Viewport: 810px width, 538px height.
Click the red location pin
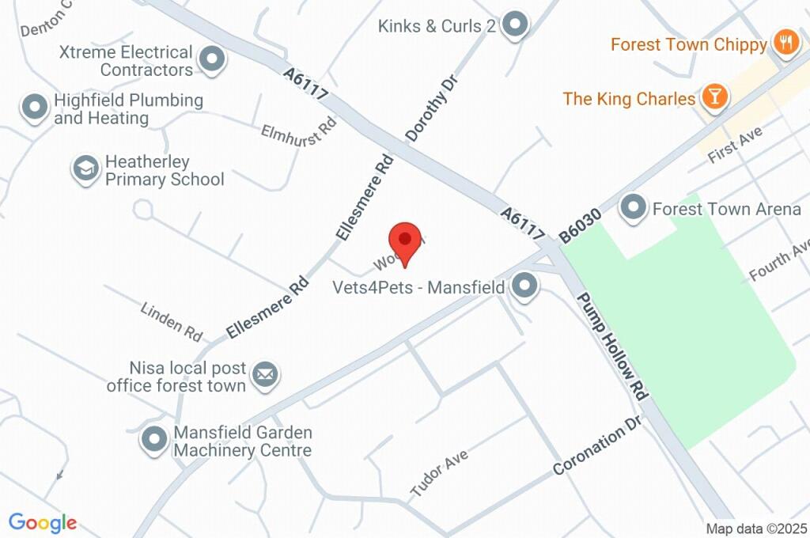404,241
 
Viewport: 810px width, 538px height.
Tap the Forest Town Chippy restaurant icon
785,44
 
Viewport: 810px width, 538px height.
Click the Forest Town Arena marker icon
633,209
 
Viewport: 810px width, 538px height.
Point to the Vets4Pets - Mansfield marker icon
523,287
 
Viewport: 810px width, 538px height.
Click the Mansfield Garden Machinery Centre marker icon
153,440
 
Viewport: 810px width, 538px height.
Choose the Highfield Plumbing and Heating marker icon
35,108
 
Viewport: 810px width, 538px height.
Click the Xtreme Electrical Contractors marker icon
211,59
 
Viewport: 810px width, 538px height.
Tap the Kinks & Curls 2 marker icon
516,25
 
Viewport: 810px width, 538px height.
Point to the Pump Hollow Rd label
613,345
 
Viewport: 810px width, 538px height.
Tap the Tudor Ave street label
440,473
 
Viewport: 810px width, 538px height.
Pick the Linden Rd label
172,320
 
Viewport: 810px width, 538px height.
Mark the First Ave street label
735,143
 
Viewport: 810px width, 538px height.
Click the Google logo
43,522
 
